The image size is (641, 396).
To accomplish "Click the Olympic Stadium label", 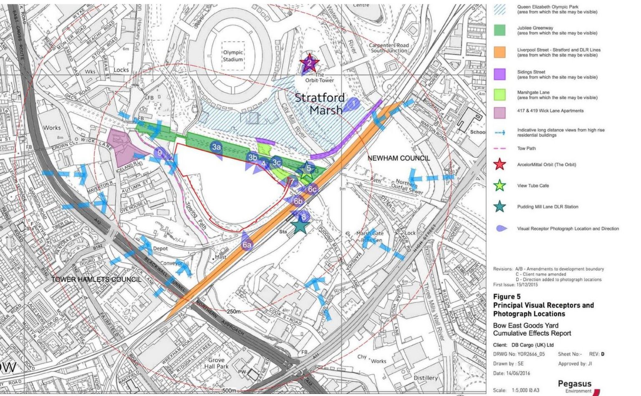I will [233, 55].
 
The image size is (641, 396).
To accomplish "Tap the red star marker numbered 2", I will [309, 63].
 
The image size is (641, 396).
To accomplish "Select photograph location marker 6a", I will [247, 245].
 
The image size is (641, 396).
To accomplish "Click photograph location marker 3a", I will [216, 147].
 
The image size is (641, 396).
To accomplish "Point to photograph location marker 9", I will [159, 153].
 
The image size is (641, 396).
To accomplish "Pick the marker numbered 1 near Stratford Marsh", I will [353, 103].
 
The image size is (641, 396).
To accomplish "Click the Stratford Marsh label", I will [320, 104].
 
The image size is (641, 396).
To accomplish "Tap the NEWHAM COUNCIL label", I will [398, 158].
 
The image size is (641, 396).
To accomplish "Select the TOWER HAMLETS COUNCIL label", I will [96, 279].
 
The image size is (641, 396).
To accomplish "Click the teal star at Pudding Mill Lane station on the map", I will [300, 226].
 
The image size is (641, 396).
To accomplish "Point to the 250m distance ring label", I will [234, 311].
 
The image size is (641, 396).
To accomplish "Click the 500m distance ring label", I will [229, 391].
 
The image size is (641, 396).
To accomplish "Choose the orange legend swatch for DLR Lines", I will [500, 52].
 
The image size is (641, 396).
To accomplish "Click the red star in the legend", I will [500, 164].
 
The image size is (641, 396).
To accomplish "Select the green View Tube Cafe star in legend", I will [500, 186].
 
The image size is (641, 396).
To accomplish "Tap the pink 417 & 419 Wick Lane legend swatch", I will [500, 112].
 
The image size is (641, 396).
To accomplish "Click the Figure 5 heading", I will [507, 297].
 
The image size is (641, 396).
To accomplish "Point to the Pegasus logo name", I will [574, 383].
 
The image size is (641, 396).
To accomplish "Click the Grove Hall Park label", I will [216, 363].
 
